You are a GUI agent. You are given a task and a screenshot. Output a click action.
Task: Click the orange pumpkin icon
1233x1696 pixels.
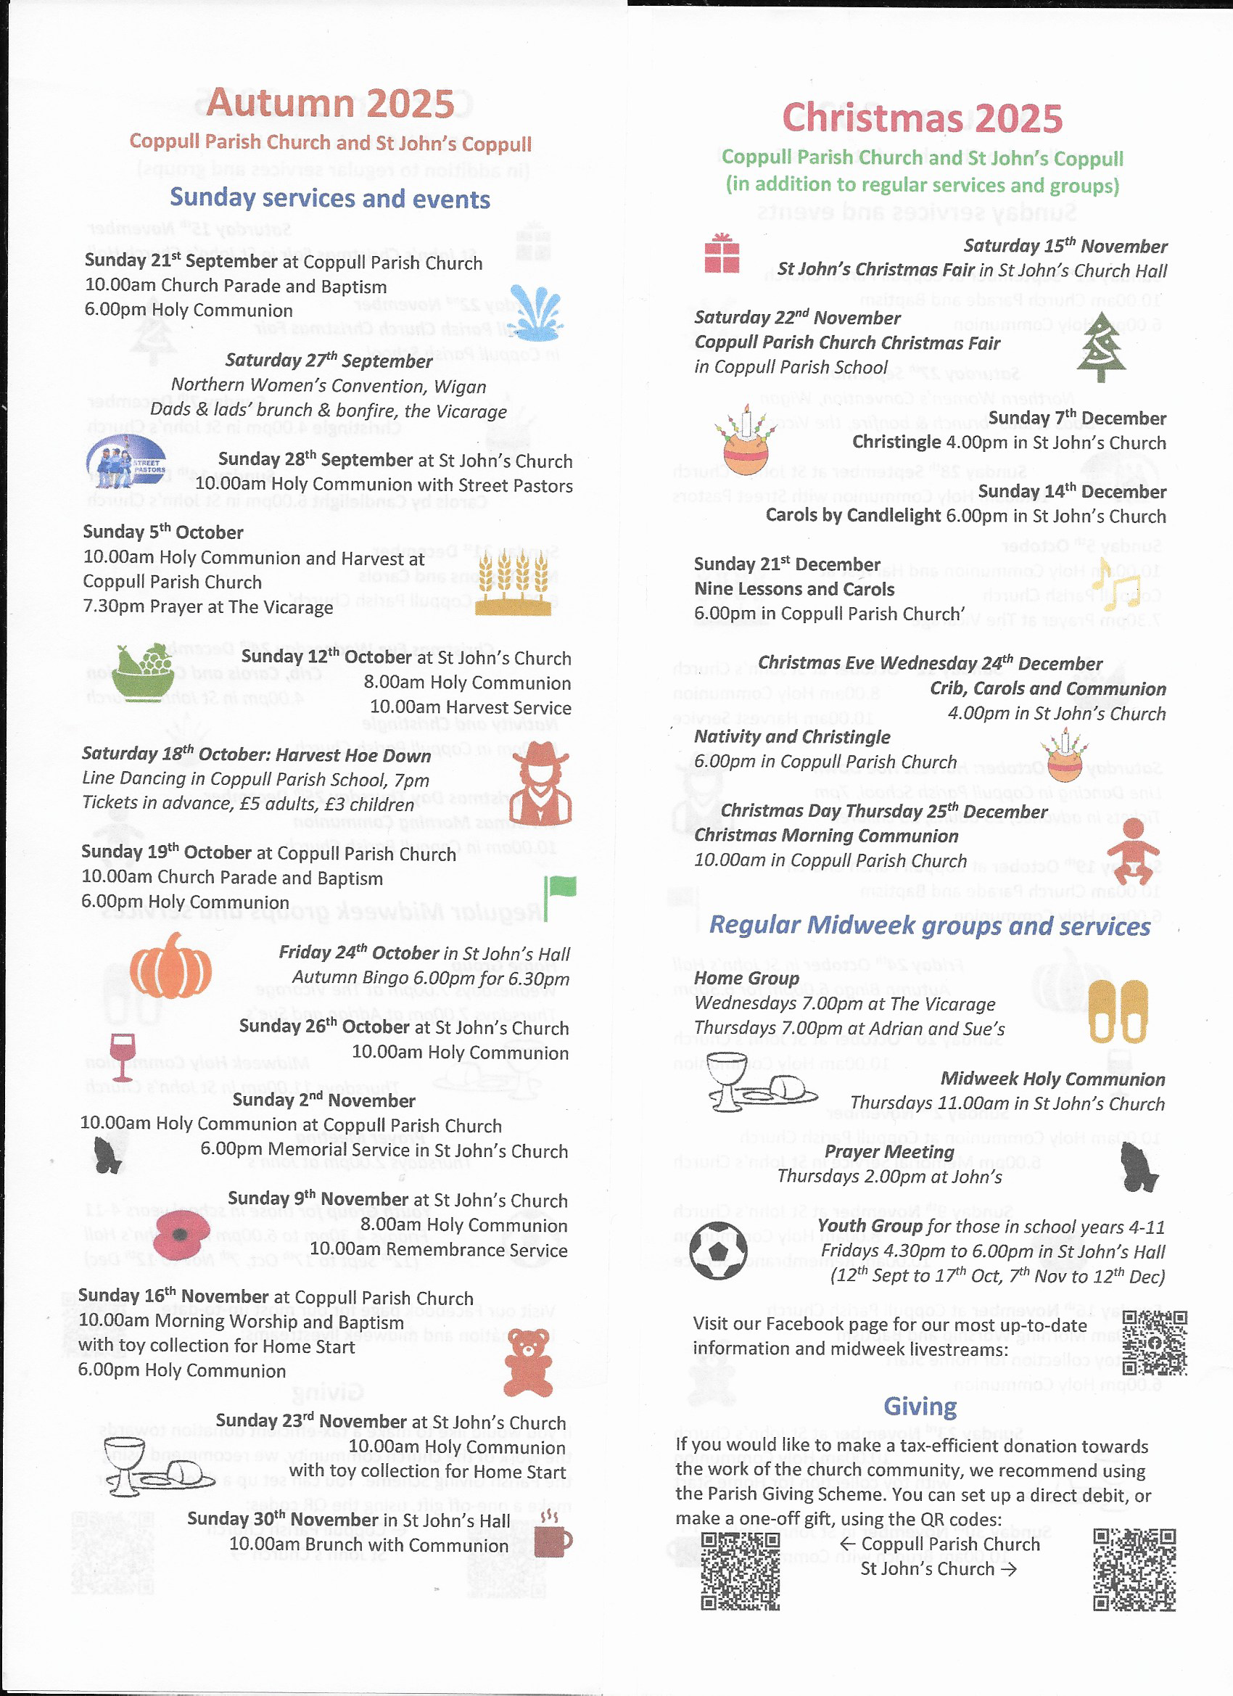point(170,966)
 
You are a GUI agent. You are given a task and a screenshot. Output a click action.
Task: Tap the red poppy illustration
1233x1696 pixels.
point(181,1235)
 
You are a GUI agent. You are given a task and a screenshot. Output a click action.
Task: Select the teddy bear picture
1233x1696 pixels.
point(528,1363)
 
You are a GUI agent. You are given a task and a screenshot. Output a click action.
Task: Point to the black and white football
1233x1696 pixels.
point(718,1250)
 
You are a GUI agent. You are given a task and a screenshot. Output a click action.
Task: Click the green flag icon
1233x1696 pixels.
point(559,895)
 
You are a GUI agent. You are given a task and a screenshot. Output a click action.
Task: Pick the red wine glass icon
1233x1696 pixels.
point(122,1057)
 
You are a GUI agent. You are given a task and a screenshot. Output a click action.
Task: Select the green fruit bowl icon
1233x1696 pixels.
point(143,672)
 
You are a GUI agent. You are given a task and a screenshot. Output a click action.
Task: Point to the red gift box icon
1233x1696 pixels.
point(722,253)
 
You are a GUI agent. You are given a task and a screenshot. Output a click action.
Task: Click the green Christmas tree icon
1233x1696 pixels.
point(1101,346)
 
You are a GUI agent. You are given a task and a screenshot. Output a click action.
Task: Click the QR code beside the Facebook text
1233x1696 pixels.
point(1154,1342)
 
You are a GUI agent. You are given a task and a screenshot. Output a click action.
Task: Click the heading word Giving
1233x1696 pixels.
point(920,1406)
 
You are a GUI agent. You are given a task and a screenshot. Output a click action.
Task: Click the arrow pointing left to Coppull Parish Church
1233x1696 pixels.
point(847,1544)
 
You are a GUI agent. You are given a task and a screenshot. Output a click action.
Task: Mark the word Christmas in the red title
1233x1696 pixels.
point(873,118)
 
